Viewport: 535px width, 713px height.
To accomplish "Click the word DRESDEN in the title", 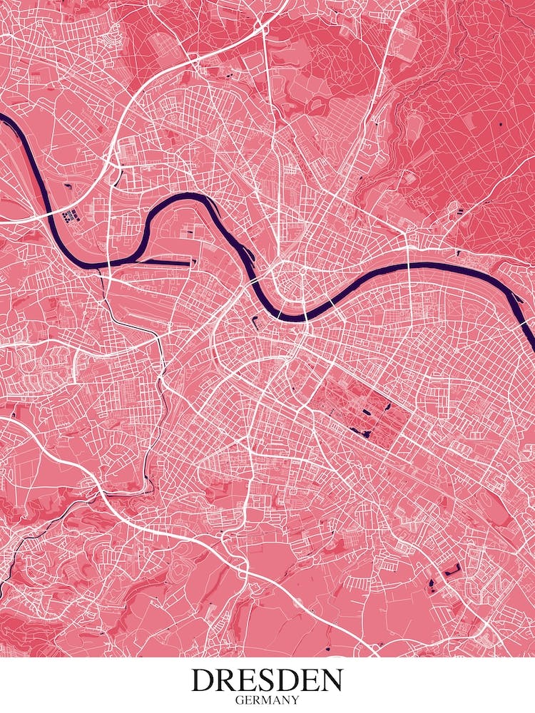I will [267, 679].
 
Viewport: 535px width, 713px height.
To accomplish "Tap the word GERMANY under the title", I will [267, 700].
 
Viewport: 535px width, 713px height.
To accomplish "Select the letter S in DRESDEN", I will [268, 679].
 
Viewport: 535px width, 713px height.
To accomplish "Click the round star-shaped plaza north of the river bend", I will [278, 273].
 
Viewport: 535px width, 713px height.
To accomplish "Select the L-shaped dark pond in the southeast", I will [451, 569].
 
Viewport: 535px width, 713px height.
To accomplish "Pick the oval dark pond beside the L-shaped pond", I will [432, 585].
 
